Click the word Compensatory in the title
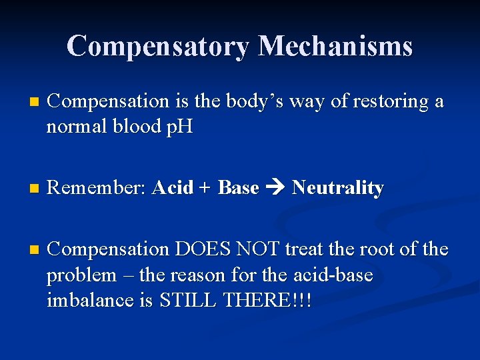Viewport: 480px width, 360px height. tap(158, 46)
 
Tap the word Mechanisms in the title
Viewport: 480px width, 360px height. tap(335, 46)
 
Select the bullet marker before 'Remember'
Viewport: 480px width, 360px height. tap(27, 189)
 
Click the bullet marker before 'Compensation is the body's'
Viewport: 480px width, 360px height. tap(27, 102)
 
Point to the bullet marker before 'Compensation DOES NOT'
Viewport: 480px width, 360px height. tap(27, 250)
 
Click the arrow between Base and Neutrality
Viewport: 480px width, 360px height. tap(275, 189)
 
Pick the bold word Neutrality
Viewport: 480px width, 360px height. tap(338, 189)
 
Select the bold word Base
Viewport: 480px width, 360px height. tap(238, 189)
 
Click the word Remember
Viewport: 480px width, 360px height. tap(97, 189)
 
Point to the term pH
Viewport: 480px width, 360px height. tap(179, 127)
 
